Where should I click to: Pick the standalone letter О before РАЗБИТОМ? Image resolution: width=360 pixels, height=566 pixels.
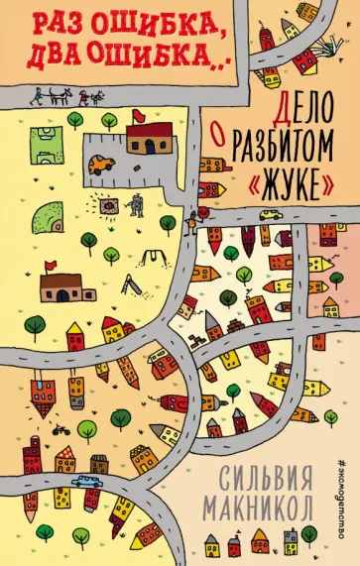point(224,125)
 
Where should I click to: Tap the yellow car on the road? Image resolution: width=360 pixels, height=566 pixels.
point(269,214)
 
